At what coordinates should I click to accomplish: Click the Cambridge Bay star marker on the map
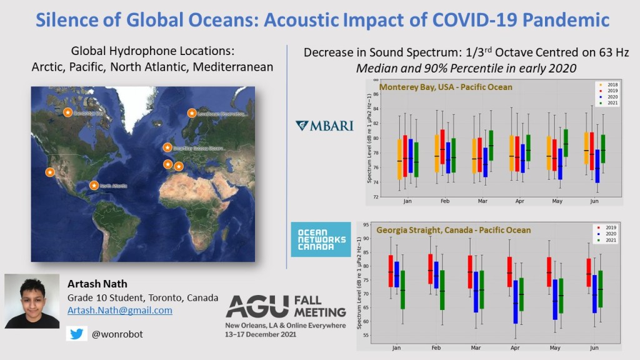[x=67, y=112]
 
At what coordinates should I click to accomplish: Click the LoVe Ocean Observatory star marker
[x=191, y=113]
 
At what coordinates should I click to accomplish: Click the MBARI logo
[x=324, y=126]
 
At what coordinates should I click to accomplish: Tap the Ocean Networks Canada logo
[x=321, y=239]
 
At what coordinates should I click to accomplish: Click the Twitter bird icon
[x=77, y=334]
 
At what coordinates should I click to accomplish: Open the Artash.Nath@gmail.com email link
[x=120, y=310]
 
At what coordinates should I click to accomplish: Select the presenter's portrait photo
[x=32, y=301]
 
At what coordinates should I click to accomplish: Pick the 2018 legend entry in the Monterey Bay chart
[x=609, y=84]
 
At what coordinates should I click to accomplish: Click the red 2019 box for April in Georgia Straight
[x=509, y=272]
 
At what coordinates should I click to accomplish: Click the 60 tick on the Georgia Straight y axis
[x=366, y=321]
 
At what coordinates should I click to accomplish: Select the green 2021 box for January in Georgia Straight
[x=402, y=289]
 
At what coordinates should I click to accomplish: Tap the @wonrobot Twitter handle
[x=117, y=334]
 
